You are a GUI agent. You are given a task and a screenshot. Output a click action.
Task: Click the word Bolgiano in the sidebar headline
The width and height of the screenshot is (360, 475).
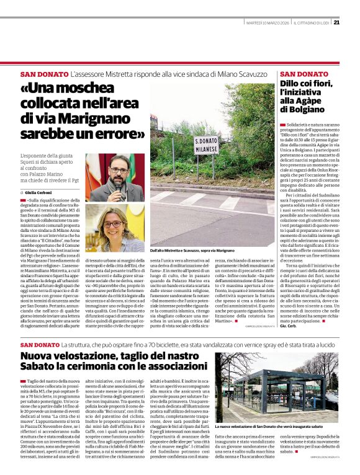tap(300, 109)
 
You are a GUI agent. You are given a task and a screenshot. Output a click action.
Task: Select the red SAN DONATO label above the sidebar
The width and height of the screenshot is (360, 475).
tap(295, 74)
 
